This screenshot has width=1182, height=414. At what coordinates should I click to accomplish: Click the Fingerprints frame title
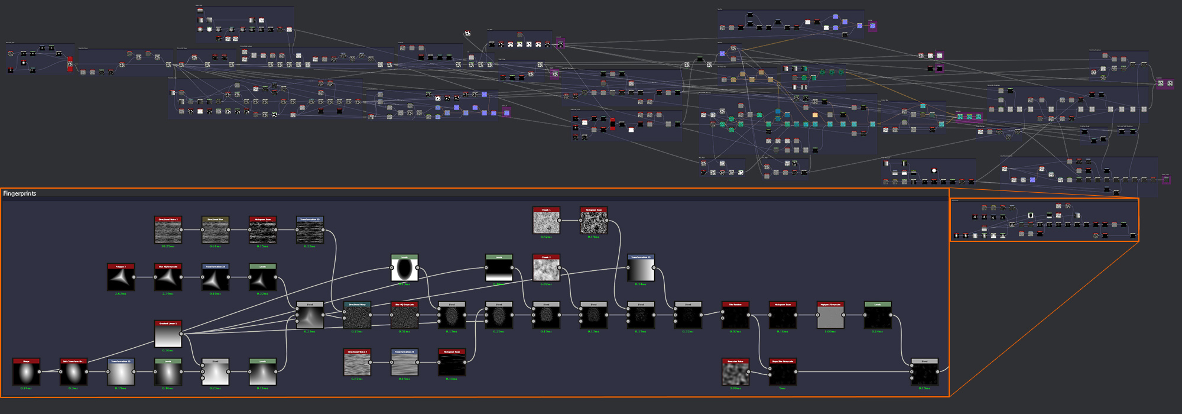coord(20,193)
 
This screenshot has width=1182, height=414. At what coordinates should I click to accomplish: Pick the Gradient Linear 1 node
coord(168,336)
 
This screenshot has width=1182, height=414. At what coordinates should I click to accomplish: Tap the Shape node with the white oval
coord(26,374)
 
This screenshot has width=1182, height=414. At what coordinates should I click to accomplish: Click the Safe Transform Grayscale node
coord(73,374)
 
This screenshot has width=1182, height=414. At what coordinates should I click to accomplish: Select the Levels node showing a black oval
coord(404,270)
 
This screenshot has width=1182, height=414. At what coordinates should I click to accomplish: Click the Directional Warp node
coord(357,317)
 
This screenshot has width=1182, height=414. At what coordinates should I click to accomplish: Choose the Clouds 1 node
coord(546,222)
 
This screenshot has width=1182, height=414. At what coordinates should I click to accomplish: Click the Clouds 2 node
coord(546,270)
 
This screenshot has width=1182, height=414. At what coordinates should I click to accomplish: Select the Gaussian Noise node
coord(735,374)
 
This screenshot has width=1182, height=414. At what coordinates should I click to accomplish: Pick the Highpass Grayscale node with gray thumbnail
coord(830,317)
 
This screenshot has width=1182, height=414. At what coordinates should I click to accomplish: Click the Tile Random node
coord(735,317)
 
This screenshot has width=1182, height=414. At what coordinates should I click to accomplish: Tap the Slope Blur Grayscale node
coord(782,374)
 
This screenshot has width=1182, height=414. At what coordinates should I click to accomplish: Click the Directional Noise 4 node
coord(357,364)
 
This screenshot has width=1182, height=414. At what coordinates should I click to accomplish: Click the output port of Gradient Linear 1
coord(181,334)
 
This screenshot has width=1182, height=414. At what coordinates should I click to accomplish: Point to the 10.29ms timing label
coord(168,247)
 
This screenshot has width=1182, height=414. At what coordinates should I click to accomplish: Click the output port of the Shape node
coord(40,371)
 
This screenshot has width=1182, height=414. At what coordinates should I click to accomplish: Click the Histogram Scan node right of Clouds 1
coord(593,222)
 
